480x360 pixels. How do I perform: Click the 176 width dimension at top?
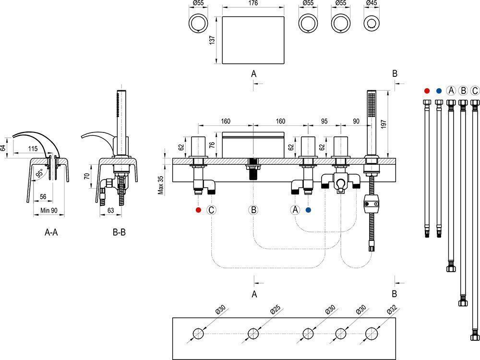(253, 3)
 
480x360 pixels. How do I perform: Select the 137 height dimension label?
(212, 40)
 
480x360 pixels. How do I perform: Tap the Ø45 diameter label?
(372, 3)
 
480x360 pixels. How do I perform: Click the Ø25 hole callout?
(276, 310)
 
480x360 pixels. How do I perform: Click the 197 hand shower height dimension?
(384, 124)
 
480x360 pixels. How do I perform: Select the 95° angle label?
(40, 174)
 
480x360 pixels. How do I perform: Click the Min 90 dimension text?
(49, 211)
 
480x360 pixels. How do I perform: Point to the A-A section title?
(51, 232)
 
